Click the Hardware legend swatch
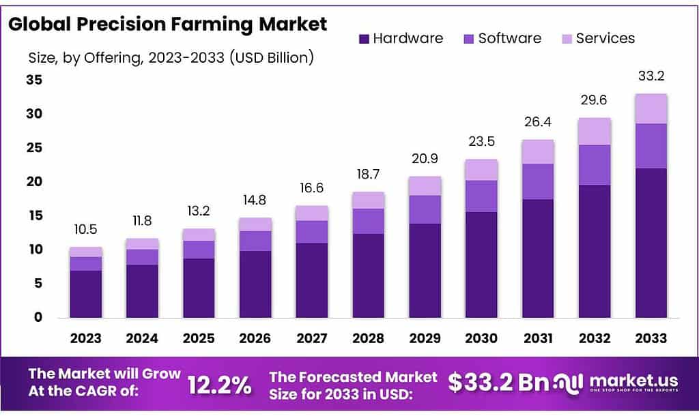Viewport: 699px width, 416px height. click(363, 39)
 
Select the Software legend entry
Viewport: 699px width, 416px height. click(509, 39)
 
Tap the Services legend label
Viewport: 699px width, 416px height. click(605, 39)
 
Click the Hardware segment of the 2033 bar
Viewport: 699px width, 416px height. click(651, 242)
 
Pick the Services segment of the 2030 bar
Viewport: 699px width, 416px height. click(481, 170)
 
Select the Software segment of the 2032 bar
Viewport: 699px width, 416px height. click(595, 165)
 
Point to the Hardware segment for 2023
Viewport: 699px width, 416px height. click(86, 293)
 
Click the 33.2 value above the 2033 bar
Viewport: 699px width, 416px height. click(651, 76)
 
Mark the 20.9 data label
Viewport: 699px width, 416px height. click(425, 158)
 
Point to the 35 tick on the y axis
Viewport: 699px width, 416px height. click(35, 80)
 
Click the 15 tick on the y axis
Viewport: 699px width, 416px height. click(35, 216)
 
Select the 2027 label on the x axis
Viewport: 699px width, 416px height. click(311, 338)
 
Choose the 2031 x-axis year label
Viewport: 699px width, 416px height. click(538, 338)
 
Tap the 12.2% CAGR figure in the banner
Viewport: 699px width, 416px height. click(220, 385)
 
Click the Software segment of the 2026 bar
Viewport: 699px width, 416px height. click(255, 241)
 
